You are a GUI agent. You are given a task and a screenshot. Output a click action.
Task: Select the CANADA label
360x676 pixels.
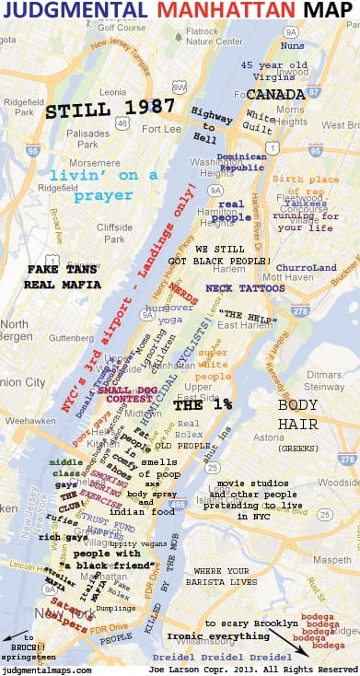(274, 95)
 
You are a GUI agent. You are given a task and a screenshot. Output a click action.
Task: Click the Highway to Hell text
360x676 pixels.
(211, 122)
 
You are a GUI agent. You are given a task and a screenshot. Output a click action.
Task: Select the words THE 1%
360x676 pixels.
(200, 404)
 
